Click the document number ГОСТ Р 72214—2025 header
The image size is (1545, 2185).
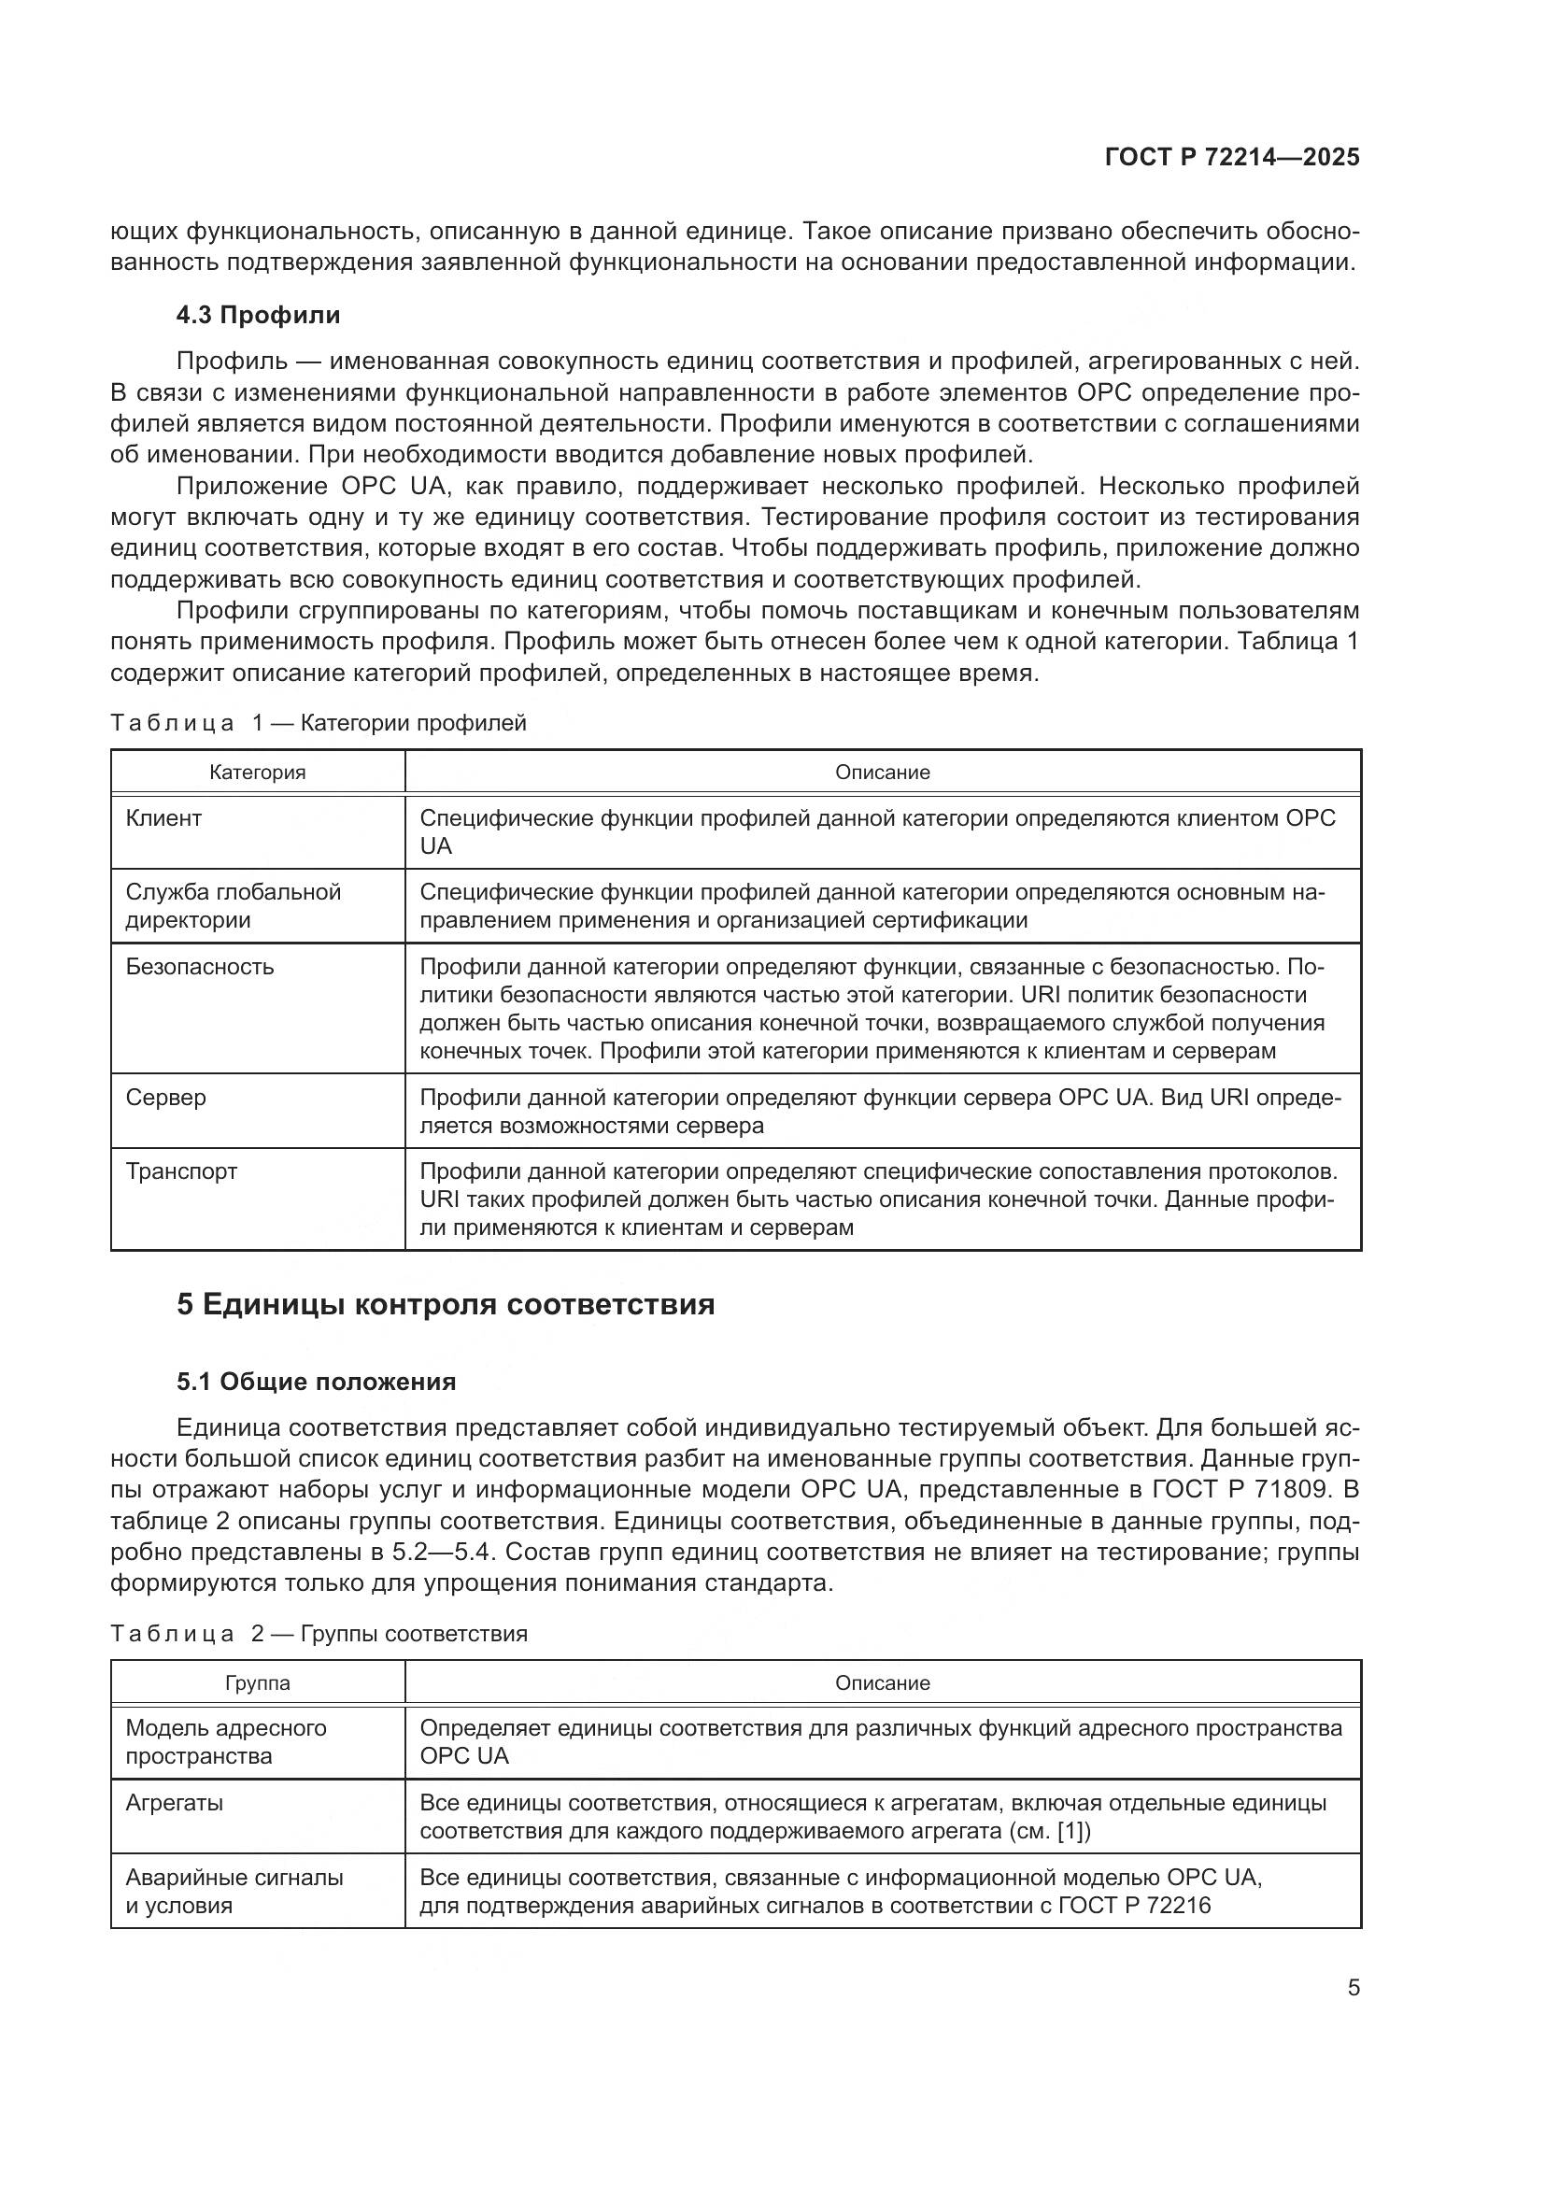coord(1232,158)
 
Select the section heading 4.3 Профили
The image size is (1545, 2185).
coord(258,315)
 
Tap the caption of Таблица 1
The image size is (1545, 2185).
coord(318,723)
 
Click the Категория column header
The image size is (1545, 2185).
coord(258,773)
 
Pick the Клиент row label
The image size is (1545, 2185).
coord(163,818)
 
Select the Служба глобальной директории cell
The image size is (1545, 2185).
coord(234,906)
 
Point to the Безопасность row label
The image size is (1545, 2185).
coord(200,967)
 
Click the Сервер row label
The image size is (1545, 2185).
coord(165,1098)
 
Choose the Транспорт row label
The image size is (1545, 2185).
coord(181,1171)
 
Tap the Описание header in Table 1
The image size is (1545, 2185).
coord(882,773)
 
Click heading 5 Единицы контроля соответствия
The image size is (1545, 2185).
coord(446,1304)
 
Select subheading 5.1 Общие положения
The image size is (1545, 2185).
coord(316,1382)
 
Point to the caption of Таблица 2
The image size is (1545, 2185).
coord(319,1634)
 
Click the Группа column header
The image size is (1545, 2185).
coord(258,1682)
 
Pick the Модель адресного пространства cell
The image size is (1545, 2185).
coord(225,1741)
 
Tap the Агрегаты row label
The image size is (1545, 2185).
coord(174,1802)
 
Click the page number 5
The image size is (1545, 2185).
coord(1353,1988)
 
